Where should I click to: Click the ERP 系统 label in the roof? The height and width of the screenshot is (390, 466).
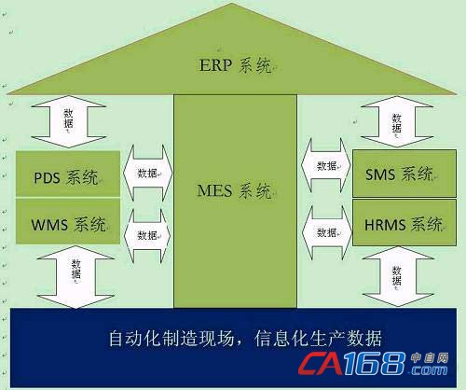(x=235, y=65)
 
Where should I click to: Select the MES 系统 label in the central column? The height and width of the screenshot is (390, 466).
(x=234, y=190)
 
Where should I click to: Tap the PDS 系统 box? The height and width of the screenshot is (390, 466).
(x=68, y=174)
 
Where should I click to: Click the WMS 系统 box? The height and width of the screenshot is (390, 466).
(x=68, y=221)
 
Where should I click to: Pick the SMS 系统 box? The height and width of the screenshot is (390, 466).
(x=404, y=174)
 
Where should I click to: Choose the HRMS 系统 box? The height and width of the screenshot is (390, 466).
(x=404, y=223)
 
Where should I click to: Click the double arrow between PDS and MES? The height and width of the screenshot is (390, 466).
(x=147, y=173)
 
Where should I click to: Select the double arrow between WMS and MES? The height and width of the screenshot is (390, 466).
(x=147, y=235)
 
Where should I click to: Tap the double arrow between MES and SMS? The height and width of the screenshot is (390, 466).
(x=326, y=165)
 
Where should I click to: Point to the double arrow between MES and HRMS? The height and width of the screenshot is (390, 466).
(x=327, y=232)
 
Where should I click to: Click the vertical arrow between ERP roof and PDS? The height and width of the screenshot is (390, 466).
(x=69, y=121)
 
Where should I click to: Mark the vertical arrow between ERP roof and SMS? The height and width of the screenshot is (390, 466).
(x=397, y=121)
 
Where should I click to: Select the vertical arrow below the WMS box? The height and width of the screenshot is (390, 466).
(x=75, y=277)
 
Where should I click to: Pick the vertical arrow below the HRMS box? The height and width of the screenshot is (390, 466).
(x=398, y=276)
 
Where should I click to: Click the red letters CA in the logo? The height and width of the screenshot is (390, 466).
(x=320, y=363)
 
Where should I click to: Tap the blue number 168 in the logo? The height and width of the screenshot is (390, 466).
(x=375, y=363)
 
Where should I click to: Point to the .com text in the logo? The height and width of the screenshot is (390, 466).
(x=428, y=369)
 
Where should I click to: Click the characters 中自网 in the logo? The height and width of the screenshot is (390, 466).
(x=430, y=358)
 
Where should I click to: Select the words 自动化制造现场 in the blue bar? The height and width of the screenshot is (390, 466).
(x=171, y=339)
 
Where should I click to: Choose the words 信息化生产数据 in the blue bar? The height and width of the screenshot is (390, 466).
(x=318, y=339)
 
